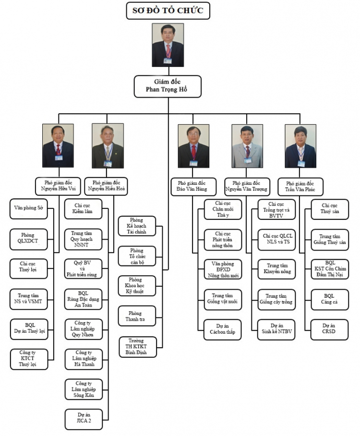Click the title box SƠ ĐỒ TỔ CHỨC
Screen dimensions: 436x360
pyautogui.click(x=168, y=11)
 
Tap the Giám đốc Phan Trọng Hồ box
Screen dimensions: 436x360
pyautogui.click(x=168, y=86)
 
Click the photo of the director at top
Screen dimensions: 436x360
pyautogui.click(x=168, y=45)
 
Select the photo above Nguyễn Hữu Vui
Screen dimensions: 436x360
pyautogui.click(x=58, y=146)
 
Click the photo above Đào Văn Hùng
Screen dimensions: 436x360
pyautogui.click(x=193, y=146)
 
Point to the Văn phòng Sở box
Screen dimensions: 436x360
pyautogui.click(x=30, y=209)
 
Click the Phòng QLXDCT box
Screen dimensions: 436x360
pyautogui.click(x=30, y=239)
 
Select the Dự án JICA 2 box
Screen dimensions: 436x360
pyautogui.click(x=84, y=419)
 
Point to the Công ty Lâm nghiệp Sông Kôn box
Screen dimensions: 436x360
pyautogui.click(x=84, y=389)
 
